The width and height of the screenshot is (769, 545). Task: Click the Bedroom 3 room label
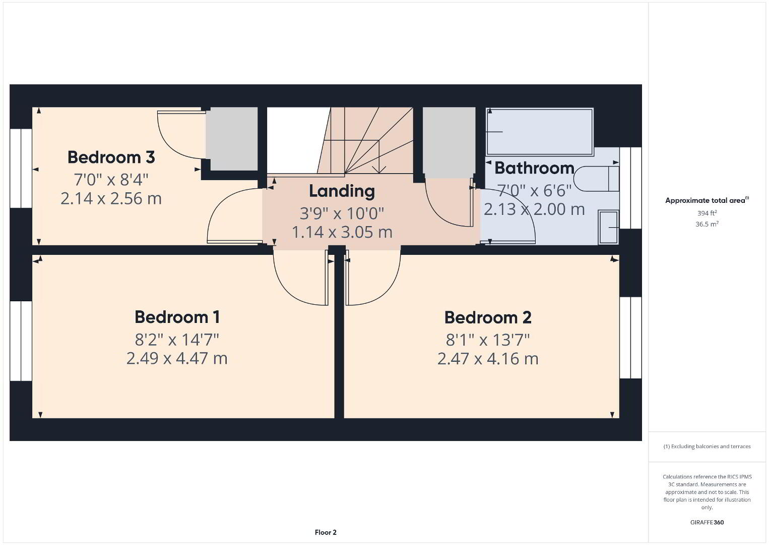(111, 157)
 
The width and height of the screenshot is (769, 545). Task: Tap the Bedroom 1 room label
(177, 317)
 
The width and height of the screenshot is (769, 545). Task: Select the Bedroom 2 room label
(488, 317)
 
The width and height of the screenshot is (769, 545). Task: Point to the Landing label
(342, 191)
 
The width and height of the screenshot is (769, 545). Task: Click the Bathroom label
(535, 168)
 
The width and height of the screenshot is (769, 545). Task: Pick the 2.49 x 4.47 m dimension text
(177, 358)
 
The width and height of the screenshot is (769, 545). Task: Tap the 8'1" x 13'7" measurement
(488, 340)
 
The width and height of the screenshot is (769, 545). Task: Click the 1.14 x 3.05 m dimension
(342, 232)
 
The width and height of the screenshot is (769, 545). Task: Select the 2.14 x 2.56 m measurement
(111, 198)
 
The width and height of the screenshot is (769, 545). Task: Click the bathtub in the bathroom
(540, 132)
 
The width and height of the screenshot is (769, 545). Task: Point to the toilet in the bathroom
(596, 179)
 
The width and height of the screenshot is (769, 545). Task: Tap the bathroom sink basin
(609, 227)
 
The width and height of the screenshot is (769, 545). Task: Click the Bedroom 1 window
(21, 341)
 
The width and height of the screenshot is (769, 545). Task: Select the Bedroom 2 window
(630, 338)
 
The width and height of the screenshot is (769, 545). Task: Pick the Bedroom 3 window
(21, 169)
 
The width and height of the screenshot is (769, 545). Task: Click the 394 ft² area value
(707, 213)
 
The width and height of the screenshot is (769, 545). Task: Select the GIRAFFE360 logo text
(707, 522)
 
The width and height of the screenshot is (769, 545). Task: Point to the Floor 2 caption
(326, 532)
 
